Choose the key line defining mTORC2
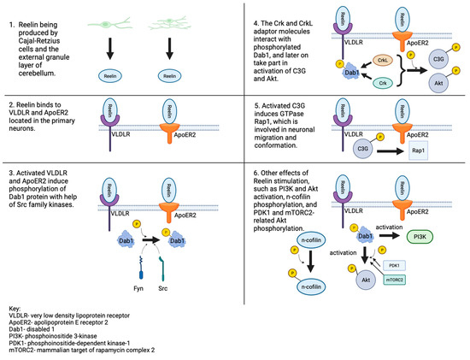click(73, 353)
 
